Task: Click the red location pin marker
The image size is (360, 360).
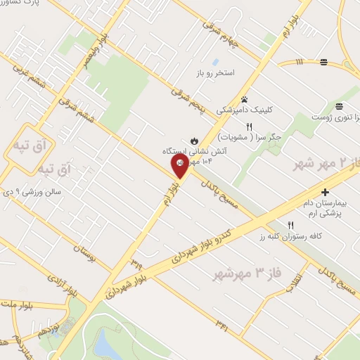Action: (180, 166)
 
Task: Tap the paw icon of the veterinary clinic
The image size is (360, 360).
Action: (244, 98)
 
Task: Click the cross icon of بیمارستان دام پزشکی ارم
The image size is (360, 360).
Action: (325, 192)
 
